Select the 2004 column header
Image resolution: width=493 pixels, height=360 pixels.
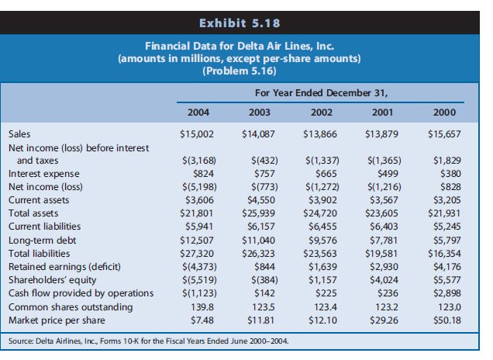199,112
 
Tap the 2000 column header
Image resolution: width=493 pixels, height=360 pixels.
444,112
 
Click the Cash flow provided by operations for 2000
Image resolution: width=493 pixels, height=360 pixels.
447,294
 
